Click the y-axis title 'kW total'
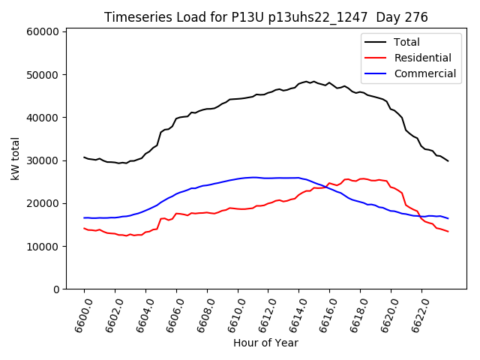(x=16, y=158)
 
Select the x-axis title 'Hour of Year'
(x=265, y=343)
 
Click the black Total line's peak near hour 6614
(x=306, y=81)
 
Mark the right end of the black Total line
(x=448, y=160)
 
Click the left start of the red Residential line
(x=84, y=228)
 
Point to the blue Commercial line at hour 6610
(x=238, y=178)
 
